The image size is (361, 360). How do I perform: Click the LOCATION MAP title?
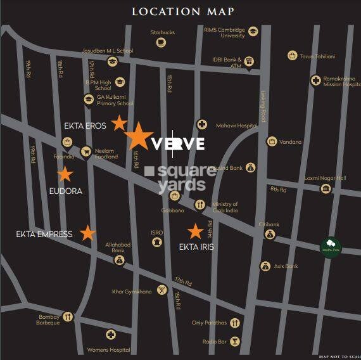(182, 11)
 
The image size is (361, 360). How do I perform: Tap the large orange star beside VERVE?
(137, 136)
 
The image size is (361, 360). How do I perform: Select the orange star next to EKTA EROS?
(119, 123)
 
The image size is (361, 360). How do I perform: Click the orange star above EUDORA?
(65, 174)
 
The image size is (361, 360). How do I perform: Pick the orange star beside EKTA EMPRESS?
(87, 233)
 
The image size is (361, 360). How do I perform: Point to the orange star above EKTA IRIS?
(195, 232)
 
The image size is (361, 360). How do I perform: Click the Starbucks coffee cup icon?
(161, 42)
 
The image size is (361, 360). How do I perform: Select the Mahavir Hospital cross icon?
(202, 125)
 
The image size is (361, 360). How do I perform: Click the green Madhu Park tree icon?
(330, 245)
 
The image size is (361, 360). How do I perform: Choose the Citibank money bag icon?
(270, 235)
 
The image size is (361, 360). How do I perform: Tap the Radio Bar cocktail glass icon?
(235, 341)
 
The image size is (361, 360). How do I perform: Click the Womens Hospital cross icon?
(111, 335)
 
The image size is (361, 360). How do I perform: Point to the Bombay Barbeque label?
(48, 319)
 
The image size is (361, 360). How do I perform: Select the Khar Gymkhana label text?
(132, 292)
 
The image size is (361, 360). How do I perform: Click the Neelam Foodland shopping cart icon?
(85, 151)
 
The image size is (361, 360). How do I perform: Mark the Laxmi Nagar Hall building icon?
(326, 188)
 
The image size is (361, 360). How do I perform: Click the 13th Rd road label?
(183, 280)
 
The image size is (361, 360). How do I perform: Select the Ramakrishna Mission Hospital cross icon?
(315, 80)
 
